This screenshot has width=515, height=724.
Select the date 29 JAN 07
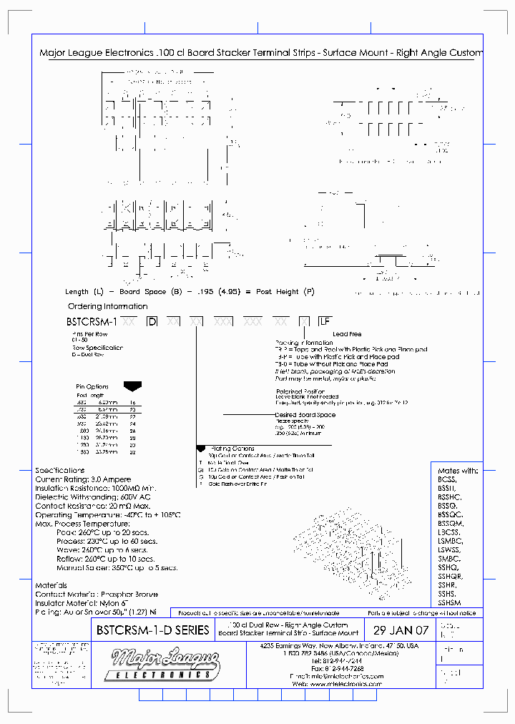coord(401,630)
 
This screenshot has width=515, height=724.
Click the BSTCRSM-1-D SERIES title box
coord(152,630)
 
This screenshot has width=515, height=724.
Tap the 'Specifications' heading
coord(60,470)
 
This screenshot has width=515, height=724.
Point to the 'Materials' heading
coord(51,585)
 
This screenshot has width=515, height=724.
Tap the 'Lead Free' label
coord(346,334)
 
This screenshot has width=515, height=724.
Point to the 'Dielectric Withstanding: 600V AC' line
coord(92,497)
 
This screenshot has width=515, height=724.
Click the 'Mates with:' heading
coord(458,471)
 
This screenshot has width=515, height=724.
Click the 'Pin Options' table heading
coord(92,386)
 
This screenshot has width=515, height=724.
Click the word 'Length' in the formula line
coord(77,292)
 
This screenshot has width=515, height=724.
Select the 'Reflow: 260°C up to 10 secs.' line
coord(105,559)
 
